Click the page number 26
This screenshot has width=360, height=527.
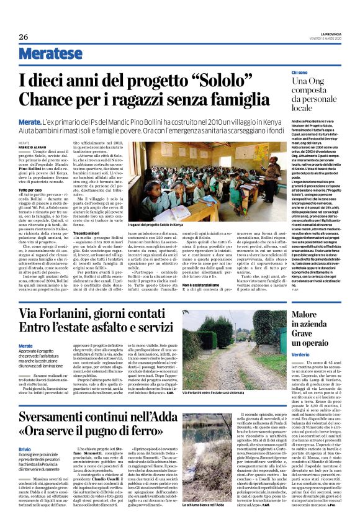24,37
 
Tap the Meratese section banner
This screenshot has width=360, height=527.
43,55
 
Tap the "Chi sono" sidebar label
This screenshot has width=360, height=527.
299,73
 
